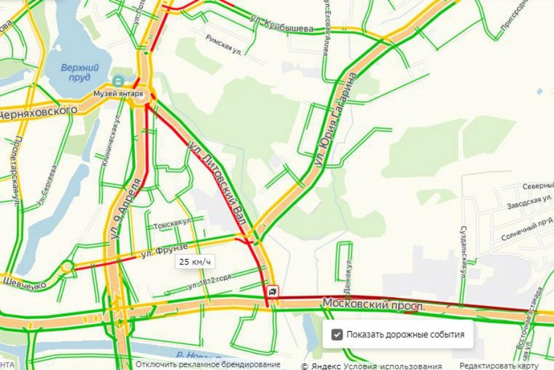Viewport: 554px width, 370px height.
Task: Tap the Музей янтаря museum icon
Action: point(118,81)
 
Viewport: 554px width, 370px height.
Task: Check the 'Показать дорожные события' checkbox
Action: point(337,335)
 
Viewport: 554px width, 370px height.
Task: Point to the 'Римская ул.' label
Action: point(223,44)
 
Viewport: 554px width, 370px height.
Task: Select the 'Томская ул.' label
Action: point(172,222)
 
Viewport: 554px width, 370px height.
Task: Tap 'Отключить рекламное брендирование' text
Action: point(208,365)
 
